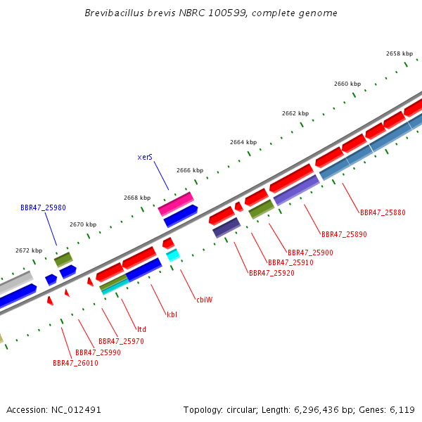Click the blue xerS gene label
point(145,157)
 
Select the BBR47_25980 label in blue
point(43,207)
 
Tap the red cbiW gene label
point(205,300)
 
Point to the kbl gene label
point(172,314)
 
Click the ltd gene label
point(141,329)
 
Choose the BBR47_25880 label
point(383,212)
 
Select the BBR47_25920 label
point(271,273)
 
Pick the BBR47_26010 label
point(75,363)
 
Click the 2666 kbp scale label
point(190,170)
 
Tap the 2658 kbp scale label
point(399,53)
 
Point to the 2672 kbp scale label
point(29,250)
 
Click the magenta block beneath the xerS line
point(176,204)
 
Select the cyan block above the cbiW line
point(173,255)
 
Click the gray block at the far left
point(15,282)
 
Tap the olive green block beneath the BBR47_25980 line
point(63,260)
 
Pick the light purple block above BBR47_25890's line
point(296,191)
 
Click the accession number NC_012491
point(76,410)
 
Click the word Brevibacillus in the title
point(114,13)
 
